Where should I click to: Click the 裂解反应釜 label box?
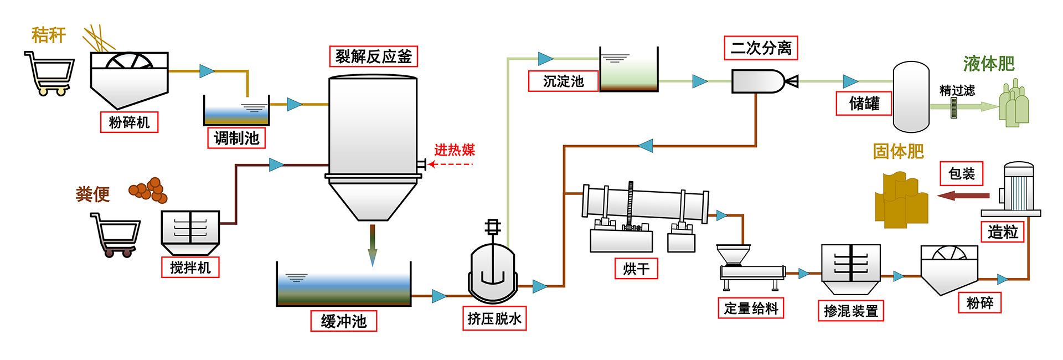373,56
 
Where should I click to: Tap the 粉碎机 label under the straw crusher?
129,122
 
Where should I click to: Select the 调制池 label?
236,138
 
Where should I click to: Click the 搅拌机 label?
190,268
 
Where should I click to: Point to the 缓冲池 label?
344,321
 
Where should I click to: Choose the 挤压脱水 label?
494,318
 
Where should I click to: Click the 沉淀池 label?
563,81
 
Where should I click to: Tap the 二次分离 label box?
761,48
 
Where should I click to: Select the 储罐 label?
864,104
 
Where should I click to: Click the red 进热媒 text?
455,150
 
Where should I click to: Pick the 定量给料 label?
751,308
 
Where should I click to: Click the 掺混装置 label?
851,311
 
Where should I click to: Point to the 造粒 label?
1003,232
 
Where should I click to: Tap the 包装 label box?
962,174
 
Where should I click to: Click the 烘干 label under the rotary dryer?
636,269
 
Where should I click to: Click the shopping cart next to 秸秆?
50,74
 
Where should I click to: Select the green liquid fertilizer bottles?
1014,104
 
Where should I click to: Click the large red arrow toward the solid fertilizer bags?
963,196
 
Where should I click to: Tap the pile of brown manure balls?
148,190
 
